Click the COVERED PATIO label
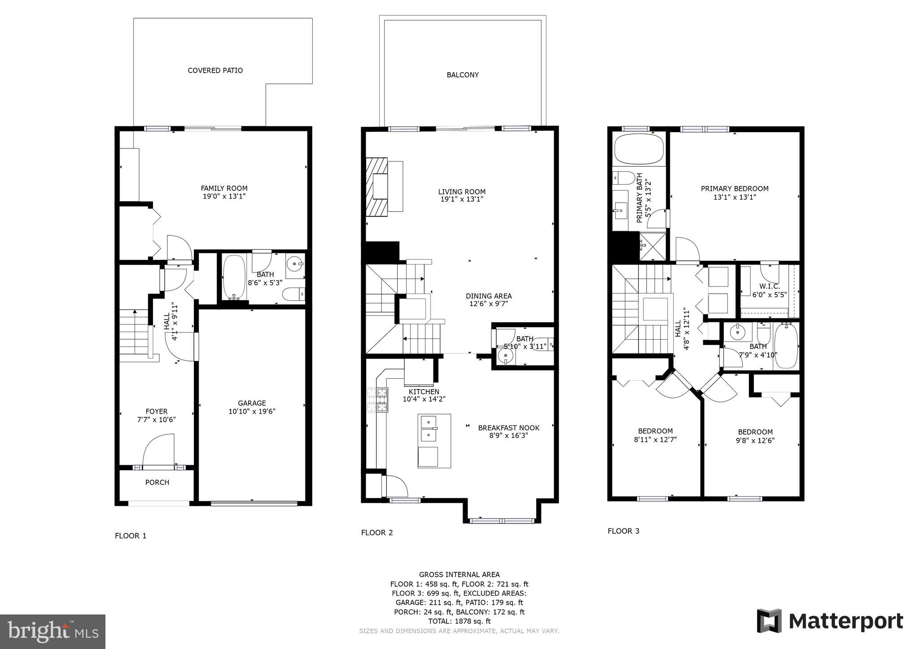(x=215, y=70)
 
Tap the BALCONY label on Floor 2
(x=463, y=75)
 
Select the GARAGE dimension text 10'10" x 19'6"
(x=252, y=411)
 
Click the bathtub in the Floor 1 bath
(x=234, y=277)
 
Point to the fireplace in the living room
(x=377, y=186)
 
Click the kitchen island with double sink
(x=434, y=441)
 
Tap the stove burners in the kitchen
(x=377, y=400)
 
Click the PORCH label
(x=157, y=482)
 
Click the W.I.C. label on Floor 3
(x=770, y=286)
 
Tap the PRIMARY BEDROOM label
(x=735, y=189)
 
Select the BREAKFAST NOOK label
(x=508, y=428)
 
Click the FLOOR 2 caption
(x=377, y=532)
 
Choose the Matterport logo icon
(x=769, y=621)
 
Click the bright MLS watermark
(x=53, y=632)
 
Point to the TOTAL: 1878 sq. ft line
(x=459, y=621)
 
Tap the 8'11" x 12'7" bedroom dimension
(x=655, y=440)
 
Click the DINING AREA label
(x=488, y=296)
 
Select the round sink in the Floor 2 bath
(x=506, y=357)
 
